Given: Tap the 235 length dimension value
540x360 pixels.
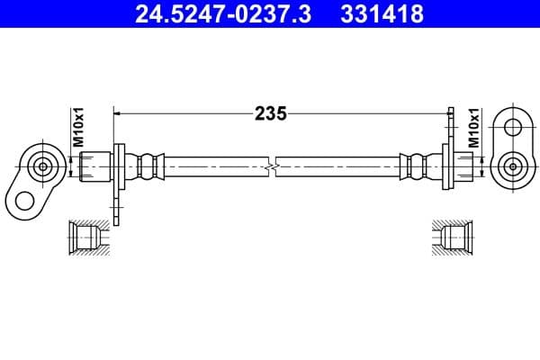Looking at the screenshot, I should coord(270,113).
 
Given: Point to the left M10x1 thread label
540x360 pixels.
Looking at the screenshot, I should coord(77,129).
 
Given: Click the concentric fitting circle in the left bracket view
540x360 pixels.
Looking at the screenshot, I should coord(41,166).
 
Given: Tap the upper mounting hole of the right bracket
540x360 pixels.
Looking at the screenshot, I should coord(514,128).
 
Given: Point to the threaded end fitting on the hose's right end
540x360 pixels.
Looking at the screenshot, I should coord(463,166).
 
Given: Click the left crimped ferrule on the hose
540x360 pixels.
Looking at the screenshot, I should coord(148,166).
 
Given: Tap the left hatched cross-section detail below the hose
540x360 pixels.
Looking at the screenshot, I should coord(90,237).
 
